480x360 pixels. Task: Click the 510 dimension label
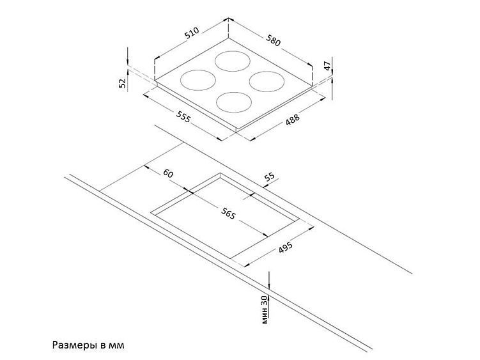point(192,33)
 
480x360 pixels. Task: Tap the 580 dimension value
point(273,40)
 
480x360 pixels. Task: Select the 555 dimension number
point(183,116)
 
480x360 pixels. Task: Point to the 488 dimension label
point(292,120)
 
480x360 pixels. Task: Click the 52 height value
point(122,83)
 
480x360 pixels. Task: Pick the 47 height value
point(327,66)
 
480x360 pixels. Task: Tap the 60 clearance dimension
point(168,173)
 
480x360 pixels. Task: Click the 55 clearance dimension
point(269,176)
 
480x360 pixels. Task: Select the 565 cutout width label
point(228,213)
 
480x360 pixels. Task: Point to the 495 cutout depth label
point(285,247)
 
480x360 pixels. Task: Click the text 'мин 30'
point(265,309)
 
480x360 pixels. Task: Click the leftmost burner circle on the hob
point(180,81)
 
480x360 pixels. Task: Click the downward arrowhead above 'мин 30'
point(269,286)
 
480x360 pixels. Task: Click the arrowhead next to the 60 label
point(146,168)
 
